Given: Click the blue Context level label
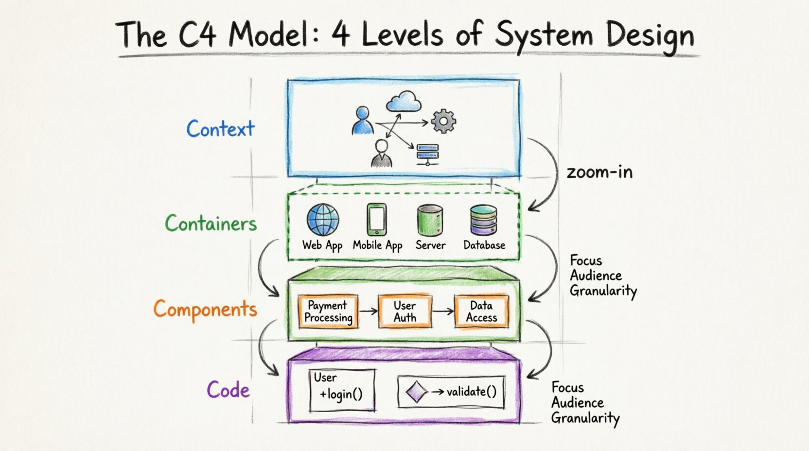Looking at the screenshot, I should pyautogui.click(x=220, y=129).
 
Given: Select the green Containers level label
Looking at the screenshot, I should pyautogui.click(x=211, y=224).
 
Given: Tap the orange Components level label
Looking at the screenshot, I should pyautogui.click(x=205, y=310).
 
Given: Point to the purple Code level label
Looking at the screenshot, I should pyautogui.click(x=228, y=390).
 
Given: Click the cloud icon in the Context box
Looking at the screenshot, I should pyautogui.click(x=404, y=102).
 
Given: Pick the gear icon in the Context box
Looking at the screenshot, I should pyautogui.click(x=443, y=121).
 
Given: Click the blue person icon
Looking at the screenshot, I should pyautogui.click(x=362, y=121).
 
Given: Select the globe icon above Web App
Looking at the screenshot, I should pyautogui.click(x=322, y=220).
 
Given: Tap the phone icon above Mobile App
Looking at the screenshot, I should pyautogui.click(x=377, y=220).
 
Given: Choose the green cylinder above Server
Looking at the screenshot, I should pyautogui.click(x=430, y=220).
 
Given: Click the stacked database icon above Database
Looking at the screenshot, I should pyautogui.click(x=483, y=220).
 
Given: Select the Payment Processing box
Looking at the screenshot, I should pyautogui.click(x=328, y=312).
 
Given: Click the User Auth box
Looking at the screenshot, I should pyautogui.click(x=404, y=312).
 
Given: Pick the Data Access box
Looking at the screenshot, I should pyautogui.click(x=481, y=312).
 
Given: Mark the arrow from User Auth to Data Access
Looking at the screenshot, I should pyautogui.click(x=442, y=311).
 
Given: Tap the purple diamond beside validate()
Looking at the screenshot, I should pyautogui.click(x=416, y=392).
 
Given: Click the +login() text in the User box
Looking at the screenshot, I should pyautogui.click(x=341, y=394).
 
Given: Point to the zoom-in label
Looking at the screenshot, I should pyautogui.click(x=599, y=172).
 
